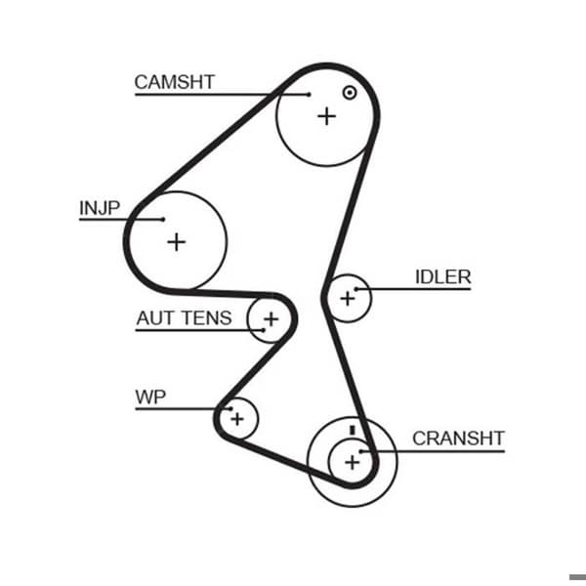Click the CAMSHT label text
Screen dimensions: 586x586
point(175,82)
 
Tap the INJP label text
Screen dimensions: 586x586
point(100,208)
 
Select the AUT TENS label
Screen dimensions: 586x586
point(184,318)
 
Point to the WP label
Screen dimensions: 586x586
point(150,397)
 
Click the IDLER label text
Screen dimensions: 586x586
point(442,277)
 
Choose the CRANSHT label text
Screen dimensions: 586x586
point(459,439)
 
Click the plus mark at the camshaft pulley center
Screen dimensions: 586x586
point(326,116)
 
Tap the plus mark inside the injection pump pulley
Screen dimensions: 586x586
point(177,242)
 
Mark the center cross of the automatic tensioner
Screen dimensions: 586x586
point(271,319)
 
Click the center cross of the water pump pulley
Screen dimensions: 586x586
point(237,419)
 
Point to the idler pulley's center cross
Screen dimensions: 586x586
point(348,298)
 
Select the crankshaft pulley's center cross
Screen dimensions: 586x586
point(352,463)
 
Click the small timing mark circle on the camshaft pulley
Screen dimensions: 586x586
point(350,93)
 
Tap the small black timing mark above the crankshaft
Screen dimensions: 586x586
point(352,430)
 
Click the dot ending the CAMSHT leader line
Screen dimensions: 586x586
point(309,95)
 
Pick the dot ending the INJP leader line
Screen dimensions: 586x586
point(163,220)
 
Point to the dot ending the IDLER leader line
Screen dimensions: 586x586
point(356,289)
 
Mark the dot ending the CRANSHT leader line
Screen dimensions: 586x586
point(361,451)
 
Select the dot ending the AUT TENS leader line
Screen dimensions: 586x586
point(264,330)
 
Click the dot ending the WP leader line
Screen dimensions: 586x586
point(230,409)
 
